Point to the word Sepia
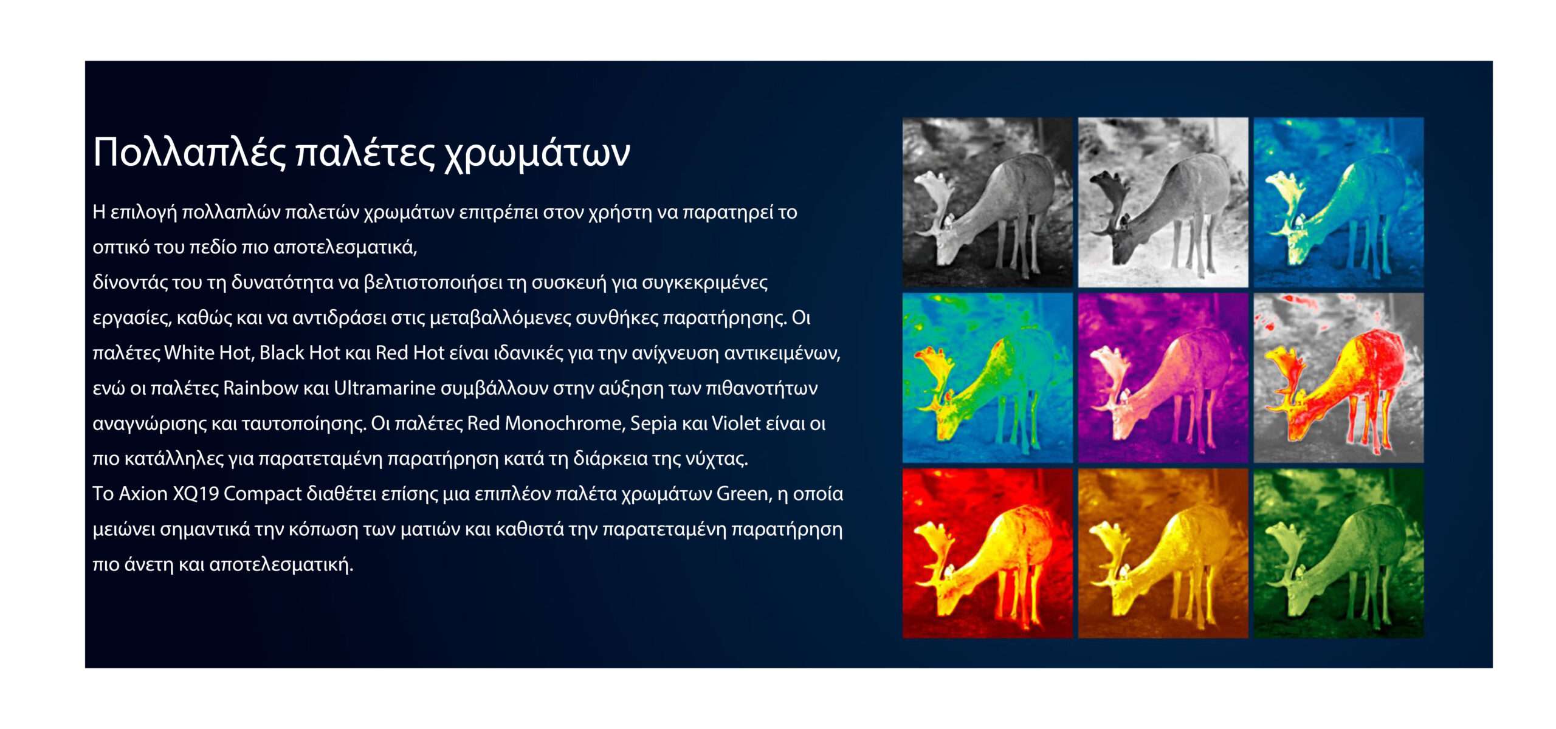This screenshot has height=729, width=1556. [x=653, y=424]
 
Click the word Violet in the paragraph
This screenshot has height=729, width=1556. [x=736, y=423]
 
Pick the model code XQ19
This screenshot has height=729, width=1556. [x=196, y=493]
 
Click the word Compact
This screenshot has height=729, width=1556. [x=263, y=495]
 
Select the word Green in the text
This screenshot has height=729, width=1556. [x=742, y=493]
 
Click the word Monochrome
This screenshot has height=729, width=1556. [x=565, y=423]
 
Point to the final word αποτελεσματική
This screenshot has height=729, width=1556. [x=281, y=565]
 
